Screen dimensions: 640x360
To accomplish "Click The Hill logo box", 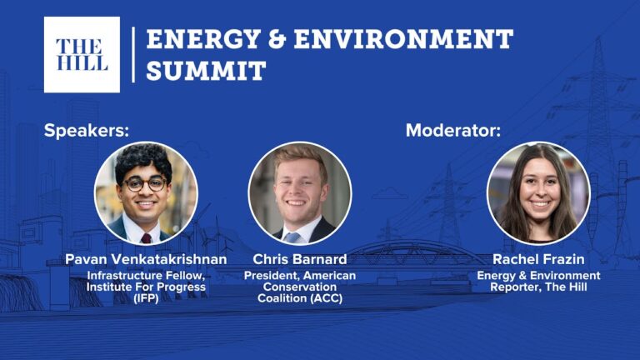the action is (x=82, y=55).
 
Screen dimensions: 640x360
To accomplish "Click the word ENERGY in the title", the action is (x=202, y=39).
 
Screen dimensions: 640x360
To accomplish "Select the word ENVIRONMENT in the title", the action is (x=403, y=39).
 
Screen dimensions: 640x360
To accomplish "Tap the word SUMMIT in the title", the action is (x=206, y=70).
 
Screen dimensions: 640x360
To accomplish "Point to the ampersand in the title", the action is (x=277, y=39).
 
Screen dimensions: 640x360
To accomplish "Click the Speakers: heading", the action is (x=87, y=131).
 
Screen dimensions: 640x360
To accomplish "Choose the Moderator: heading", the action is (x=453, y=131).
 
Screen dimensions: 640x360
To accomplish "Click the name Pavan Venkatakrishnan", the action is (x=146, y=259).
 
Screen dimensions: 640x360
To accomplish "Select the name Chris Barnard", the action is (x=300, y=259).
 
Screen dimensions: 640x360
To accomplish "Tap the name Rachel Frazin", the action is (x=538, y=259).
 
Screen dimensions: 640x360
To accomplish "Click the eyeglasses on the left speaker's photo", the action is (x=146, y=184).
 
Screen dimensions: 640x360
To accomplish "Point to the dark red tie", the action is (x=146, y=238).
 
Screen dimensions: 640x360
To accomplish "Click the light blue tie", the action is (x=292, y=237).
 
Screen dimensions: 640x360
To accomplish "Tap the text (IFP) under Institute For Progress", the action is (x=146, y=298).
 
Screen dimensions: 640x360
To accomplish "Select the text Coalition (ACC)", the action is (x=300, y=298).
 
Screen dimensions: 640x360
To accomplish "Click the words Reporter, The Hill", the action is (x=538, y=287).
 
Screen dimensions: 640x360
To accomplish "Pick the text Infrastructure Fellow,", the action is (x=146, y=276).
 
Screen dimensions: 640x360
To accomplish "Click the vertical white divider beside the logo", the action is (x=133, y=55).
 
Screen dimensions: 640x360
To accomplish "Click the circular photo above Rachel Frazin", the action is (x=538, y=193).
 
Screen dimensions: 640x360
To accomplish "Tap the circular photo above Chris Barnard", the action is (x=300, y=193).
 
